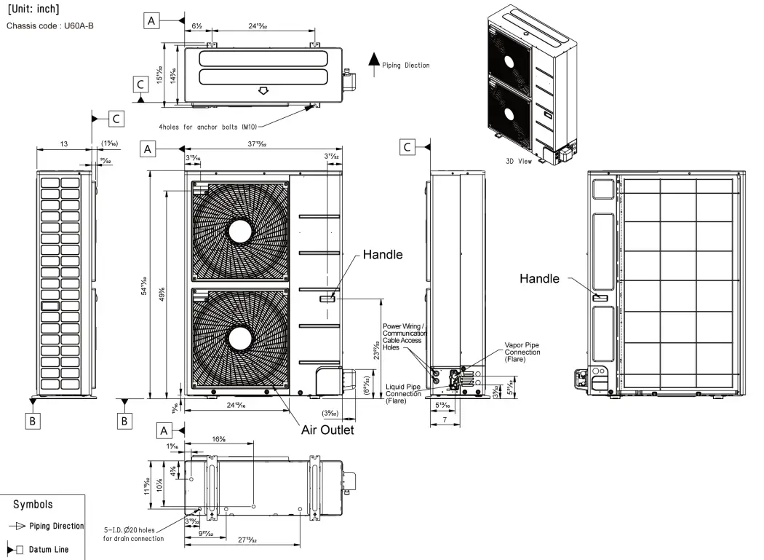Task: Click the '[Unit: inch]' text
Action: [x=33, y=9]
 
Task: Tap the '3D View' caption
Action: [x=518, y=161]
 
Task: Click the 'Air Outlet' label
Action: [x=327, y=430]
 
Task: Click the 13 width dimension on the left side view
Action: [x=64, y=145]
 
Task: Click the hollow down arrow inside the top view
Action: [x=264, y=91]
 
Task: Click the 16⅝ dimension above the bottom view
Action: [x=219, y=439]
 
